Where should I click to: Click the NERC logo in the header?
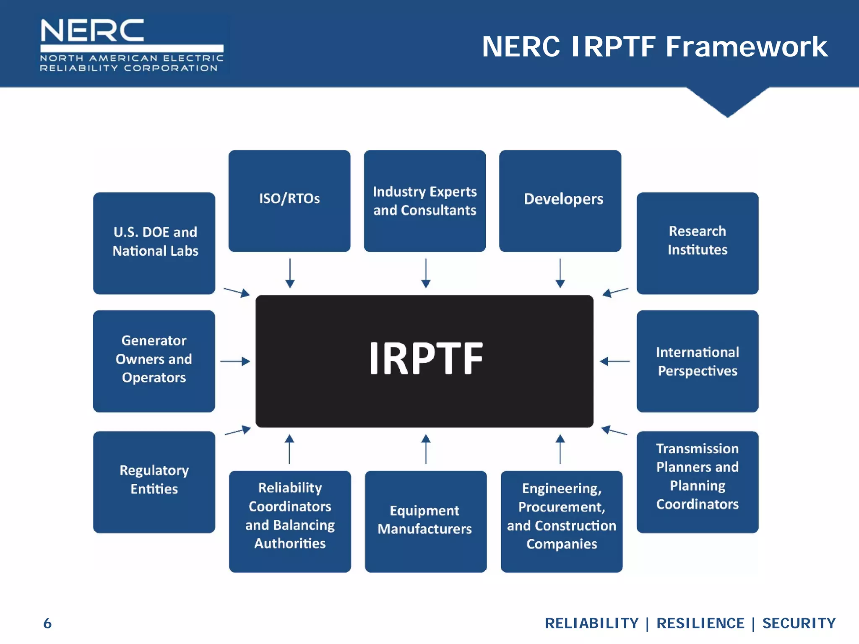131,45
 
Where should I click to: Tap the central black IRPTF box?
424,361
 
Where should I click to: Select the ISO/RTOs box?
289,201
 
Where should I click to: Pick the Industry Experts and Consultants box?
424,201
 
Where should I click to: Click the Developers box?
560,201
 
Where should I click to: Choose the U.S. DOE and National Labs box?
154,243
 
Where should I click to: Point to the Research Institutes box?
697,243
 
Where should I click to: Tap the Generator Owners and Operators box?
154,361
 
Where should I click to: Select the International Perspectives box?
697,361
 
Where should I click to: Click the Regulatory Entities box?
154,482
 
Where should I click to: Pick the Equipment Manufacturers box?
425,521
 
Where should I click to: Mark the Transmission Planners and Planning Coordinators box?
697,482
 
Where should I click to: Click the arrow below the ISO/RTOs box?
290,273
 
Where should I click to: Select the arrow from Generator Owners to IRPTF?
235,361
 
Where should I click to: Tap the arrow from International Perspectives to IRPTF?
615,361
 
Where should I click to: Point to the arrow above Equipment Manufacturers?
426,449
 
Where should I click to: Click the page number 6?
47,623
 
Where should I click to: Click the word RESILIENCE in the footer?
700,623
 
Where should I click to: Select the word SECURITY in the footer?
799,623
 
